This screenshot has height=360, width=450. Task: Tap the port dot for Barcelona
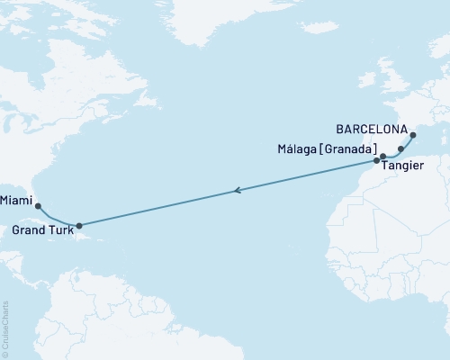(x=413, y=137)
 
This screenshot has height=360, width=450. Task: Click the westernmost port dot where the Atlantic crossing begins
(x=376, y=161)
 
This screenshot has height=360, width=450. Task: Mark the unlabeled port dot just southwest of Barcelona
(x=400, y=148)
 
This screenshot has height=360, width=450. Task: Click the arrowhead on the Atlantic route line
(x=237, y=190)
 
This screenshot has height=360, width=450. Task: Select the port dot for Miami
(x=38, y=205)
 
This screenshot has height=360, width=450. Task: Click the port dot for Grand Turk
(x=79, y=226)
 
